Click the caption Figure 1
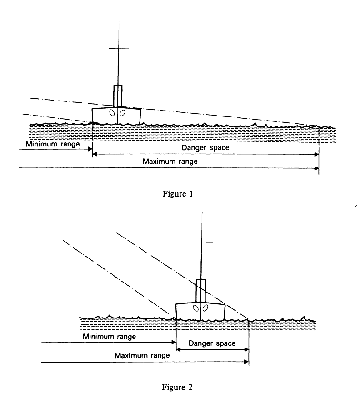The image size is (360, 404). coord(178,194)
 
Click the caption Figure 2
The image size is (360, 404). coord(177,387)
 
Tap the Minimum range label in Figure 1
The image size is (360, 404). coord(53,144)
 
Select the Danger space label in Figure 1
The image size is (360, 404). coord(205,148)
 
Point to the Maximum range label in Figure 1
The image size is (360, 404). coord(170,162)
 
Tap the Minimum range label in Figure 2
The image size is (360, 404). coord(110,337)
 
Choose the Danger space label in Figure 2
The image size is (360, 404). coord(212,343)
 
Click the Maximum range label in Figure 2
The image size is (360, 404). coord(142,356)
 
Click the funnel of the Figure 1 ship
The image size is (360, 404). coord(118,96)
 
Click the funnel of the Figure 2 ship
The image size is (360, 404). coord(201,291)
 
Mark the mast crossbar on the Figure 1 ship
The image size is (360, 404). coord(119,48)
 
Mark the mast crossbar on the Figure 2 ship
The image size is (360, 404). coord(202,242)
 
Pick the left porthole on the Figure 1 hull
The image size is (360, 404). coord(112,113)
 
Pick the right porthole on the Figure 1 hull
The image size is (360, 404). coord(123,113)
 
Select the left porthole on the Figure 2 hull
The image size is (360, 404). coord(196,308)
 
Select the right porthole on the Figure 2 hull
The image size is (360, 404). coord(205,308)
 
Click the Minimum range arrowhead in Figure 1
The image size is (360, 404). coord(90,149)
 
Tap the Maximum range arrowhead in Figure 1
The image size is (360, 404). coord(316,168)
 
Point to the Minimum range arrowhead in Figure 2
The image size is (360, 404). coord(174,343)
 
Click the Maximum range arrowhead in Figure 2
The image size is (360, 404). coord(246,362)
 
